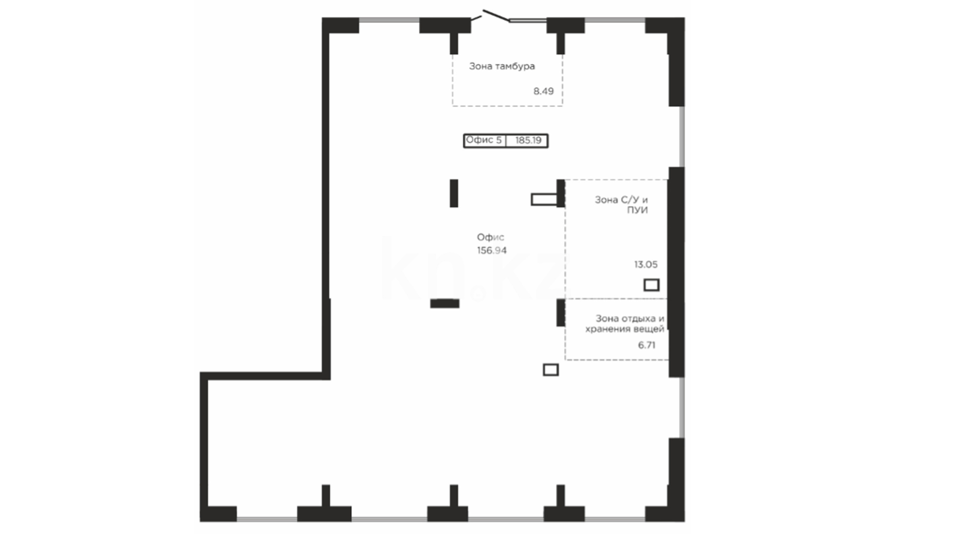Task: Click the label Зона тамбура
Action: pos(502,66)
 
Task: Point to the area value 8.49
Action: pos(543,91)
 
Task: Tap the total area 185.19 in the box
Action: pos(528,140)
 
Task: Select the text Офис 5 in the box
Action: pos(483,140)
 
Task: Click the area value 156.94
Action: pos(492,251)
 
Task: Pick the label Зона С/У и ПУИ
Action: pos(622,205)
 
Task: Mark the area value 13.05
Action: pos(645,265)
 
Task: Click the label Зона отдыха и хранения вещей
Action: pos(625,324)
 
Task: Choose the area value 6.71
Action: pos(646,345)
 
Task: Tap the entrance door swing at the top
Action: pos(495,16)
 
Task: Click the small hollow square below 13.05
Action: pos(651,285)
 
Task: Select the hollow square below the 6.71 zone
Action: pos(551,369)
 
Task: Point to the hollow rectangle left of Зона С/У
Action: pos(544,200)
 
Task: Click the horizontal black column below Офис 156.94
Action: pos(445,303)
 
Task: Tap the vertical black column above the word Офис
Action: pos(454,193)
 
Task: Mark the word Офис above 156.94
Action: pos(490,238)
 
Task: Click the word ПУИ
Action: pos(637,210)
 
